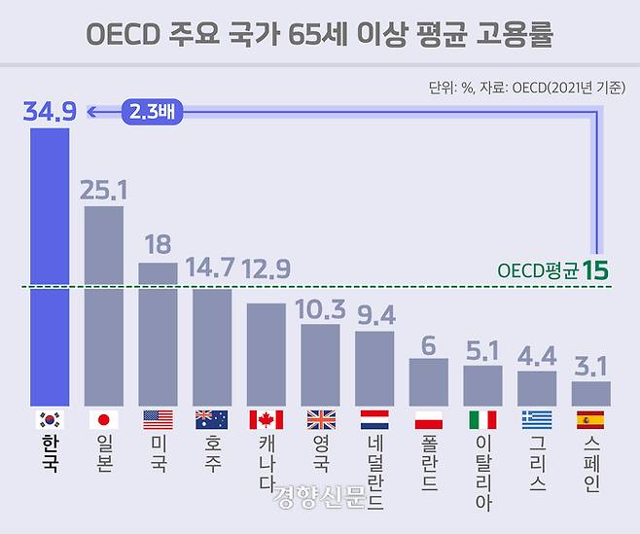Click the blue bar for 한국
50,267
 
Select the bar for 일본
104,305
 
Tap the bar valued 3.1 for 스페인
590,393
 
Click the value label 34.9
50,112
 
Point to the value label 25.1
105,189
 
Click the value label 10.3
320,308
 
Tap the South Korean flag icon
50,420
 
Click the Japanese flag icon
104,420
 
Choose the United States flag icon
158,420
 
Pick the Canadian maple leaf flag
266,420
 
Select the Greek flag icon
536,420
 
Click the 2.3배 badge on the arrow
153,113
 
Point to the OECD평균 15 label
550,269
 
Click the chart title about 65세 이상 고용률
321,34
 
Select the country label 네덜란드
374,471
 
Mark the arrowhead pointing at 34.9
89,113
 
